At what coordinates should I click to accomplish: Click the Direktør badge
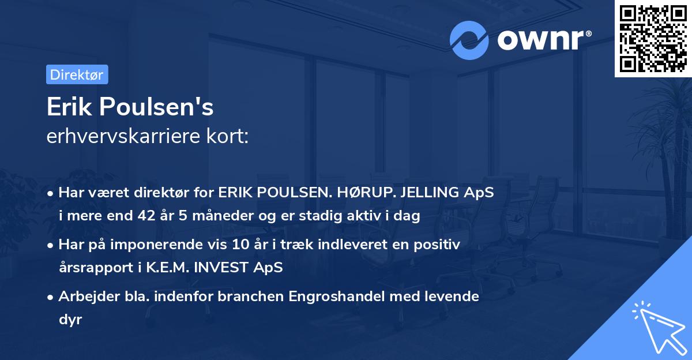(77, 74)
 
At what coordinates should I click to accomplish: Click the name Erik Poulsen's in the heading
(130, 107)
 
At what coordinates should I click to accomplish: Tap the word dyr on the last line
(70, 319)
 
